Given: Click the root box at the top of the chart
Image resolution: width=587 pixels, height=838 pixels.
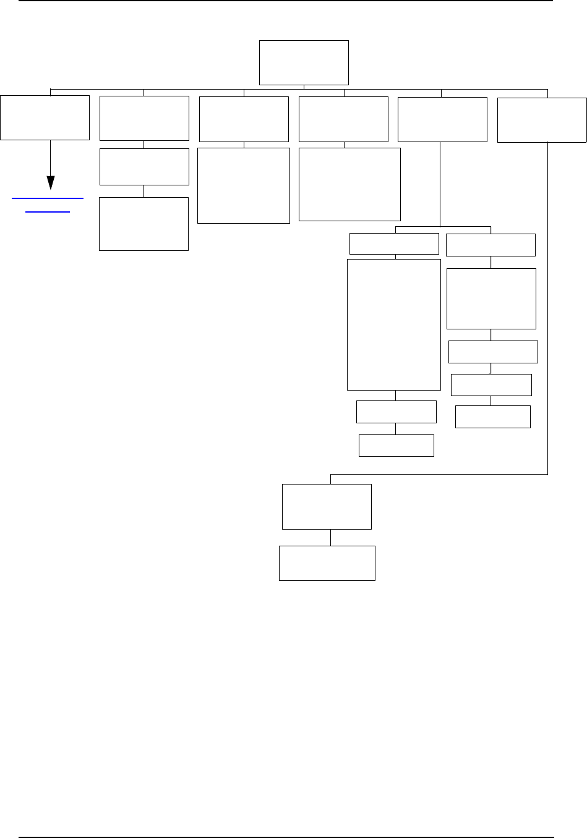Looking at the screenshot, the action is [x=304, y=62].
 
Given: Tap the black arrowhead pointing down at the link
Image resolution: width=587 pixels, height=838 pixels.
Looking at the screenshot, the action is [x=51, y=183].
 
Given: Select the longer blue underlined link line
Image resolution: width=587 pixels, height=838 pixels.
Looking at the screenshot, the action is [x=48, y=198].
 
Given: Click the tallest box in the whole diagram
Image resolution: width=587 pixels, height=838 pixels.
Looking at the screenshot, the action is [x=394, y=324].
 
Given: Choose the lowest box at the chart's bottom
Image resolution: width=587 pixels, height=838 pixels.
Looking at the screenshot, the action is [x=327, y=563].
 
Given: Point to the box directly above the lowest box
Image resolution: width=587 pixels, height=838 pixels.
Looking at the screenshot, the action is [x=327, y=507].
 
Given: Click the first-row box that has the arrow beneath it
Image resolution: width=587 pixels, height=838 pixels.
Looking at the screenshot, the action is [x=45, y=117].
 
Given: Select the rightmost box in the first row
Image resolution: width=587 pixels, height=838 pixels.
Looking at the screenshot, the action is [x=542, y=120].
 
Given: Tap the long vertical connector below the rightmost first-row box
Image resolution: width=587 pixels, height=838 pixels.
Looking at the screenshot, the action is [x=548, y=309].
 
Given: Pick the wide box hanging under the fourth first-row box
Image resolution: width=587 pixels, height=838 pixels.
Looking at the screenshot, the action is [x=349, y=184].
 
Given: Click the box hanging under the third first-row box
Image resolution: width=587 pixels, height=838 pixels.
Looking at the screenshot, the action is [x=244, y=185].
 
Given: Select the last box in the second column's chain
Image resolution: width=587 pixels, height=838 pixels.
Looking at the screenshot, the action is [x=144, y=224].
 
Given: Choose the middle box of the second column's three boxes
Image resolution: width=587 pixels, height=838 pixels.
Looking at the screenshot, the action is [x=144, y=166].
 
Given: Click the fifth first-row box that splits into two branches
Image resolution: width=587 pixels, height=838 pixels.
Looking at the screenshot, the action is [x=442, y=120].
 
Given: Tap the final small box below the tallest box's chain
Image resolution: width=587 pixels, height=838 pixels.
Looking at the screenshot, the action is [x=396, y=446].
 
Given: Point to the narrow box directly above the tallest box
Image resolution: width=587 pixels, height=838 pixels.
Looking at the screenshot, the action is [x=394, y=243].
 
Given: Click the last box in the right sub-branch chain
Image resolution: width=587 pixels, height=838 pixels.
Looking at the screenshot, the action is [x=493, y=417].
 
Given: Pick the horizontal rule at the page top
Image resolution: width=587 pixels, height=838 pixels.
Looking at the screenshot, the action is [x=286, y=1].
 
